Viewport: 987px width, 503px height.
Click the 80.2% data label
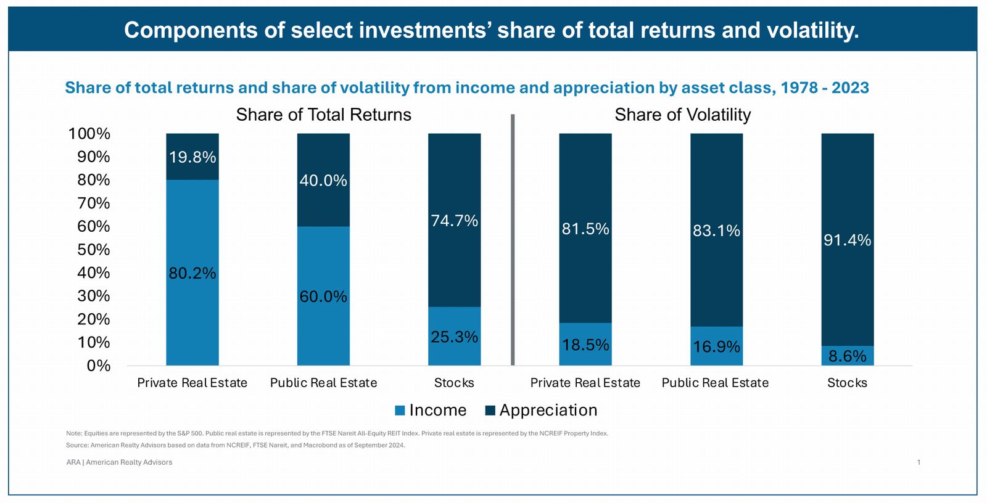point(192,273)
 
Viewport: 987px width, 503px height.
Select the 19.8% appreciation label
point(192,157)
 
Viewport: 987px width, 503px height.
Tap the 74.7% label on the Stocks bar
point(455,221)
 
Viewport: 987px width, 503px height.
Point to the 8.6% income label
point(848,356)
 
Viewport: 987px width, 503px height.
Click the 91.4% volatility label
point(848,240)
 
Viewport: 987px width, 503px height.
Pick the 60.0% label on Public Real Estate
point(323,296)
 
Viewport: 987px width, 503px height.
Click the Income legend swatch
point(400,411)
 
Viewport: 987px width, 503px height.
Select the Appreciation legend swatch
point(491,411)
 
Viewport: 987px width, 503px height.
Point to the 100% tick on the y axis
point(89,134)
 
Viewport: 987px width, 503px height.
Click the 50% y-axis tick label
point(94,250)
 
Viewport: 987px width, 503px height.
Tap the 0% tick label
point(99,366)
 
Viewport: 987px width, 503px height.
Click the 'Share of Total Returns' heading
point(324,115)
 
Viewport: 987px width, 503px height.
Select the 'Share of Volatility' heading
point(683,115)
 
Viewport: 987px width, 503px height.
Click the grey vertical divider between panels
point(513,240)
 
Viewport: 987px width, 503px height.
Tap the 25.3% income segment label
point(455,337)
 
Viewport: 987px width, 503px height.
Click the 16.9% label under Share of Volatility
point(716,346)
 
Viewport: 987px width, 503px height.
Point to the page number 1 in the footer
point(919,462)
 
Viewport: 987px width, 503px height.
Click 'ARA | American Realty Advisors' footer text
point(119,462)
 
